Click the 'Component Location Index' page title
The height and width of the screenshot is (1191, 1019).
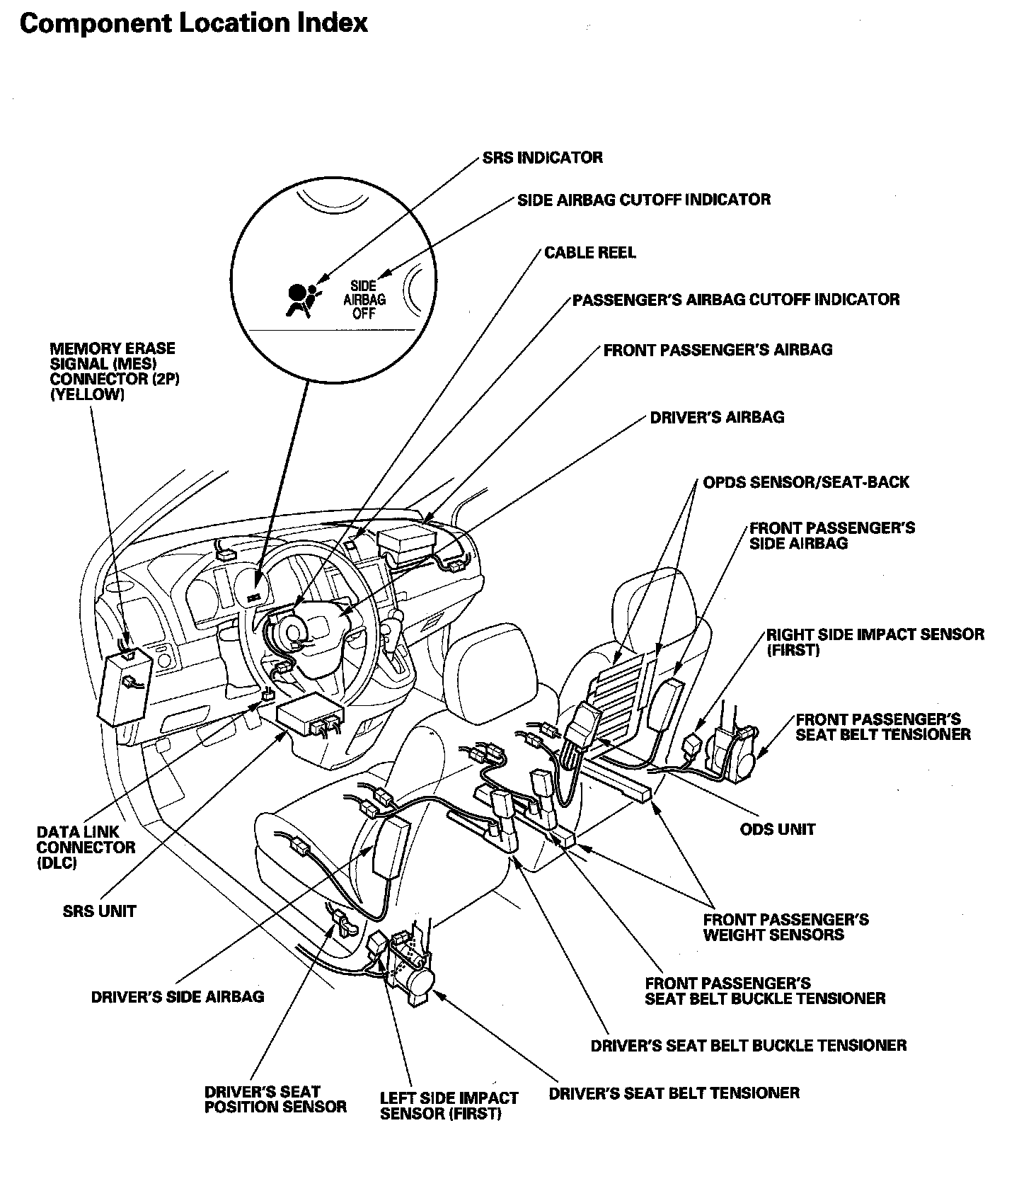tap(194, 23)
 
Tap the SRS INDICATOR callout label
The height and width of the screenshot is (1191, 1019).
tap(542, 157)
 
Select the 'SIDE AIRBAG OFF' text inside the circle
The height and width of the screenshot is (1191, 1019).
tap(364, 300)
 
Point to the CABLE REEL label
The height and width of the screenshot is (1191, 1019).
tap(589, 253)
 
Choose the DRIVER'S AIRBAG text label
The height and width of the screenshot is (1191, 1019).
tap(717, 417)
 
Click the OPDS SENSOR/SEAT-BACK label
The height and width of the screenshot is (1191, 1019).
tap(805, 482)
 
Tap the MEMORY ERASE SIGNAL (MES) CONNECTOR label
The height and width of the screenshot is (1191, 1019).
tap(114, 372)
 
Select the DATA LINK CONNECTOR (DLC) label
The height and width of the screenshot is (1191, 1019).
tap(86, 848)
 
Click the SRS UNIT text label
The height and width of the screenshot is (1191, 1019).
tap(99, 911)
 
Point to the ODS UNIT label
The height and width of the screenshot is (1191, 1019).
tap(777, 829)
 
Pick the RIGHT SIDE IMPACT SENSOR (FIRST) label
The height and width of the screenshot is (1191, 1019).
tap(875, 642)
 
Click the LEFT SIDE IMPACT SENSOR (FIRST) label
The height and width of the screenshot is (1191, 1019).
tap(449, 1105)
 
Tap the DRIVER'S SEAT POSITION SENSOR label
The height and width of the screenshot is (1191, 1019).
tap(275, 1099)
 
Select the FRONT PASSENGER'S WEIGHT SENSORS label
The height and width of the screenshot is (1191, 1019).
tap(785, 927)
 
